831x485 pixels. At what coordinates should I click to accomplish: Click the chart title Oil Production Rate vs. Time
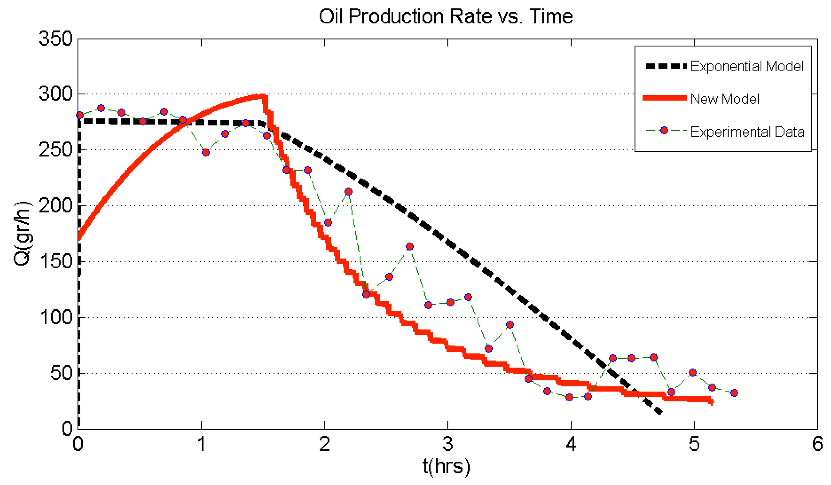point(446,16)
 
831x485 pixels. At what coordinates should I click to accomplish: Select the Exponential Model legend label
point(746,67)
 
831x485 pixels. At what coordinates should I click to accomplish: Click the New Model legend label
point(725,99)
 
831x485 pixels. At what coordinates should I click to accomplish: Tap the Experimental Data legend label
point(747,132)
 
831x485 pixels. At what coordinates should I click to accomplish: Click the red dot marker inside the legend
point(664,131)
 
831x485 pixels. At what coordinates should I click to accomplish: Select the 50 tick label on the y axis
point(61,374)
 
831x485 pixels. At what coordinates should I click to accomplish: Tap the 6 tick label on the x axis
point(817,444)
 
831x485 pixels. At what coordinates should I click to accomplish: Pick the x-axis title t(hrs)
point(446,467)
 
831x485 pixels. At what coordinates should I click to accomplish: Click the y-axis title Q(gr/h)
point(23,233)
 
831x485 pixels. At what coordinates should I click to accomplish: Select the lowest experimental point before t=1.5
point(206,153)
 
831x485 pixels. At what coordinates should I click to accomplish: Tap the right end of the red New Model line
point(712,402)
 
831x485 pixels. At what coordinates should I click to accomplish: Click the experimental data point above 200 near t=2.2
point(348,191)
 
